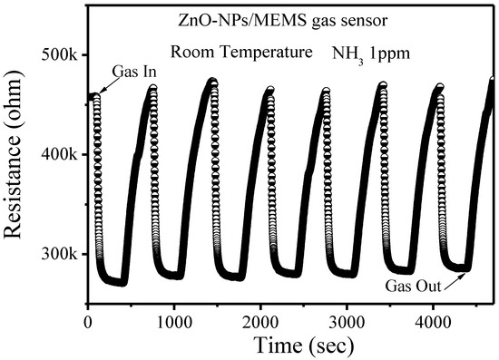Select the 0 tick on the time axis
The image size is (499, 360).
click(x=87, y=319)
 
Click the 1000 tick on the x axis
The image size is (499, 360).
click(x=172, y=319)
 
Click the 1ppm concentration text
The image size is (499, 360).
click(x=390, y=54)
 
